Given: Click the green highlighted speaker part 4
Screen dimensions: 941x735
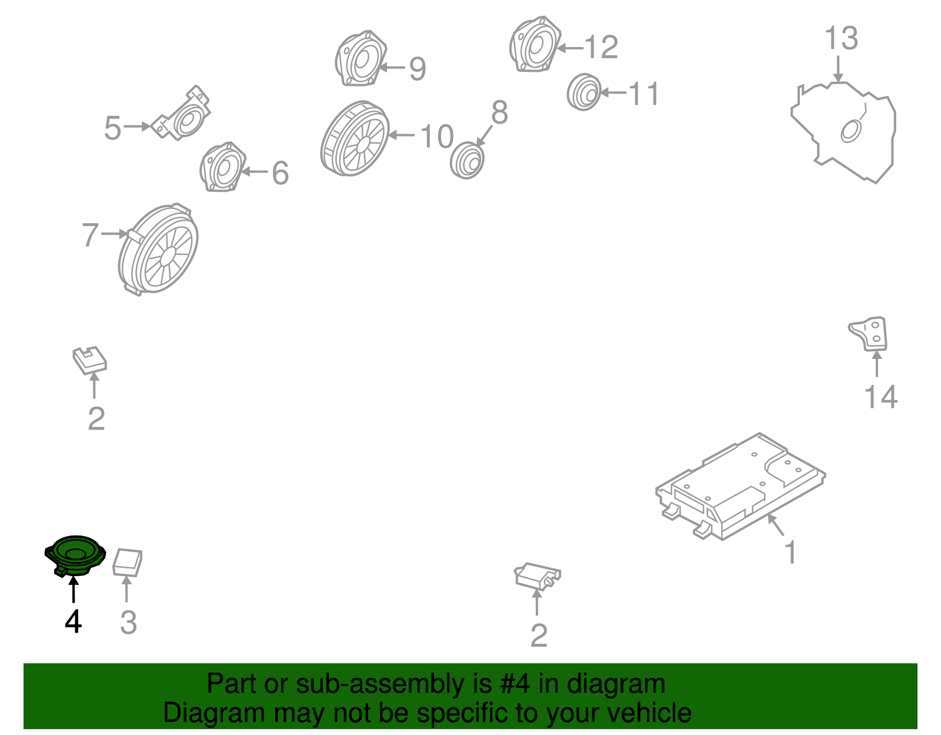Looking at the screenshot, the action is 75,556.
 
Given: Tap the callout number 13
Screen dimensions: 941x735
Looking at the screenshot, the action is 840,38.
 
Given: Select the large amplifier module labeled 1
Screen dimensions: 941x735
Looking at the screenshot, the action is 740,487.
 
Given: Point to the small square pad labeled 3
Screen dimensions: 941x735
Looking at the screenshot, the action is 127,563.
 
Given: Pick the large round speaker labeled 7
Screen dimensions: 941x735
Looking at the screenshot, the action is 158,250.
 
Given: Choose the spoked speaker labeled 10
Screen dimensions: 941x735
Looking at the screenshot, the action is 355,139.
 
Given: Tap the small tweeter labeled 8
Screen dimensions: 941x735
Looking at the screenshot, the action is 467,160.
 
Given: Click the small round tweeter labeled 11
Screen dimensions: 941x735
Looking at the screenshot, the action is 584,92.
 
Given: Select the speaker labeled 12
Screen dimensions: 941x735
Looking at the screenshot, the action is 535,44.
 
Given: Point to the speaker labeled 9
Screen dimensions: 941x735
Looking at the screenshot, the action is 361,58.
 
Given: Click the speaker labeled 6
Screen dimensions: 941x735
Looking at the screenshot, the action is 223,167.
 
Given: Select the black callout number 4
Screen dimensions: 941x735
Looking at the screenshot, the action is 73,621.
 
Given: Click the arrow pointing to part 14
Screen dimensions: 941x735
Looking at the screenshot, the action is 876,364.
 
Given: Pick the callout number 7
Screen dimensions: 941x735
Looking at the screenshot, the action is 91,234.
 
